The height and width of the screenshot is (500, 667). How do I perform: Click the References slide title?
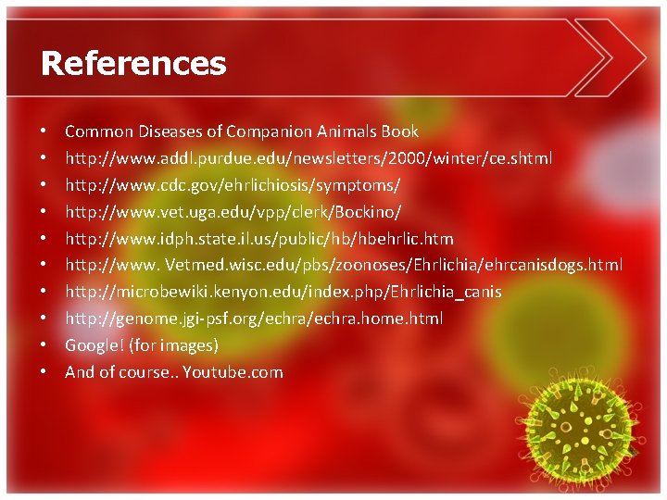point(133,63)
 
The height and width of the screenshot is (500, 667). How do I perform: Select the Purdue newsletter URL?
point(308,158)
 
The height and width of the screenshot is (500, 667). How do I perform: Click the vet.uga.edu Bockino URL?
point(233,212)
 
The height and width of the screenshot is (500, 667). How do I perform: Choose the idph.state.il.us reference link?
point(258,239)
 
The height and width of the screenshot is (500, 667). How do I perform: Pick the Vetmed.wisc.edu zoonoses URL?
point(344,265)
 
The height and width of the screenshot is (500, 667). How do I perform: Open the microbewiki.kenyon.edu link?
point(283,292)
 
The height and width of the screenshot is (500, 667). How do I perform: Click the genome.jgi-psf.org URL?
point(254,319)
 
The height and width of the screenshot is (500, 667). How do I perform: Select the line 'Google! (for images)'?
point(142,345)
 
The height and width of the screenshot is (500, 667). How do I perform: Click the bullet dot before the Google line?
point(44,345)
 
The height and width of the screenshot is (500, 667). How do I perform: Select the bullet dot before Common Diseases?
point(44,131)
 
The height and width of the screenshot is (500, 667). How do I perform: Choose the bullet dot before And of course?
point(44,372)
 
